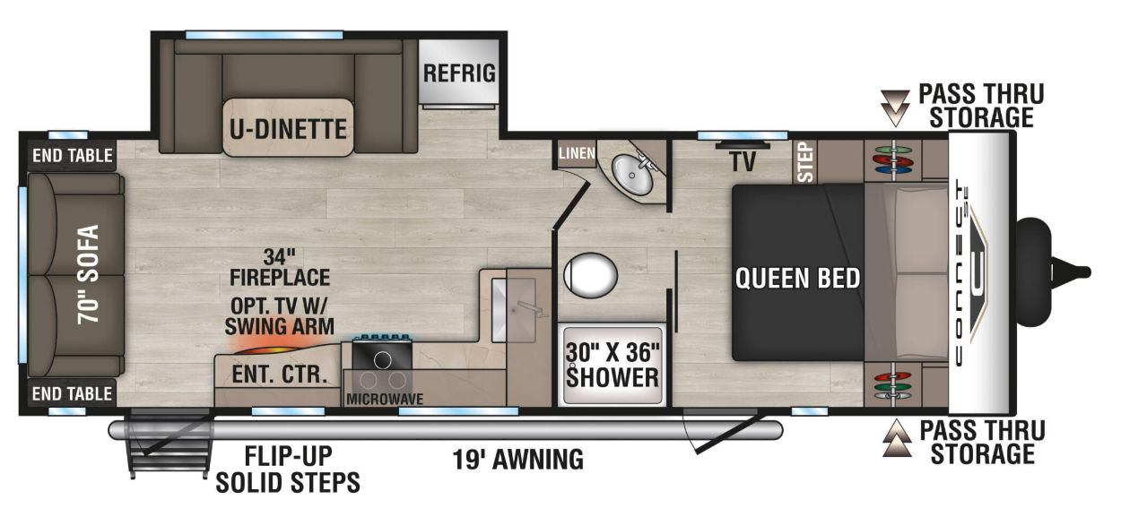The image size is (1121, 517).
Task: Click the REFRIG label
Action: point(459,73)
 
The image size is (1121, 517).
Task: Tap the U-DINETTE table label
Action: point(287,129)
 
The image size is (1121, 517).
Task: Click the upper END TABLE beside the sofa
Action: point(72,156)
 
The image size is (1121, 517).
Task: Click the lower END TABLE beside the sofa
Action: point(72,393)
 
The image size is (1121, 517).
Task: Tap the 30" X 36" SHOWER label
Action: point(613,364)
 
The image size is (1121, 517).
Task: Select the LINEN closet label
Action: point(576,153)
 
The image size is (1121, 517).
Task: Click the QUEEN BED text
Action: point(797,278)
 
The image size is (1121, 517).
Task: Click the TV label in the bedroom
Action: point(743,161)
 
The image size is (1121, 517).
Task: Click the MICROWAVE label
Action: point(385,399)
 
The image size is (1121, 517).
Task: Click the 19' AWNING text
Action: point(517,460)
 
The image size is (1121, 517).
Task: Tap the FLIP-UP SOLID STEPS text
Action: point(288,470)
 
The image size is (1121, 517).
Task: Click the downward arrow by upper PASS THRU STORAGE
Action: point(894,105)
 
